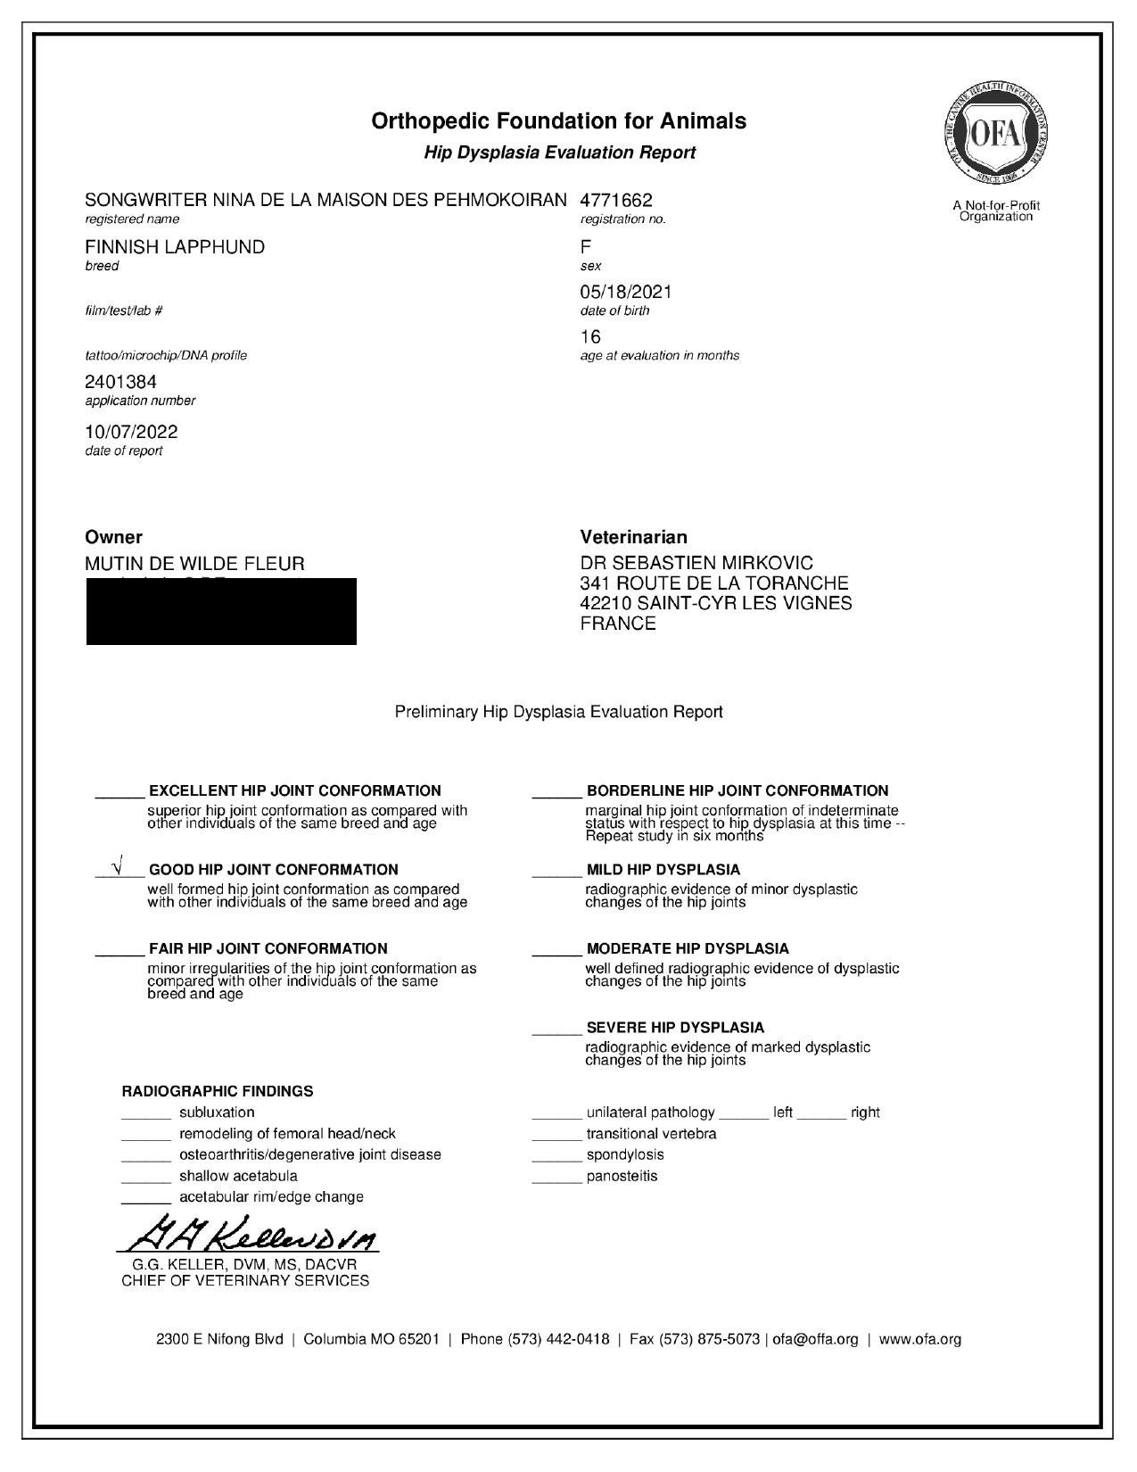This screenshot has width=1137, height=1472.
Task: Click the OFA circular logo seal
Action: click(996, 134)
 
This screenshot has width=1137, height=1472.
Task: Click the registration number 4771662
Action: click(616, 201)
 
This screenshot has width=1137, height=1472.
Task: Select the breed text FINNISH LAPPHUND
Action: click(175, 247)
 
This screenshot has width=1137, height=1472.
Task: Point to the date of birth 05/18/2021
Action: click(626, 292)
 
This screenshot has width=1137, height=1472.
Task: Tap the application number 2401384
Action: click(120, 382)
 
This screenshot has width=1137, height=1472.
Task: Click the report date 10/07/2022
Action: click(131, 432)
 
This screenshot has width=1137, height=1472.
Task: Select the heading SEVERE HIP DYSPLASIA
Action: click(675, 1028)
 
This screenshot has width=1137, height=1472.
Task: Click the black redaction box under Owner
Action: click(221, 612)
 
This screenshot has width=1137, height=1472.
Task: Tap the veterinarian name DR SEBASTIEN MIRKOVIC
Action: click(696, 564)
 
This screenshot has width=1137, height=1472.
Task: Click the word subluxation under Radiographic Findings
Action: click(217, 1112)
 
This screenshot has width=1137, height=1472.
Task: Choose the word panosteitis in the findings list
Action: click(622, 1176)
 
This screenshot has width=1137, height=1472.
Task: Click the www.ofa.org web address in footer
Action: click(920, 1339)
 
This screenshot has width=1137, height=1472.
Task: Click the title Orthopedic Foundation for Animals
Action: click(559, 120)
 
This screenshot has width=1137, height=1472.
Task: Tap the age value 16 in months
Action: click(590, 336)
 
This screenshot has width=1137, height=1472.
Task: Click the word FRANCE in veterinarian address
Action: click(618, 624)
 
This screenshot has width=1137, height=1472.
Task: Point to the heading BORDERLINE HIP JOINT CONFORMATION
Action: click(737, 790)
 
